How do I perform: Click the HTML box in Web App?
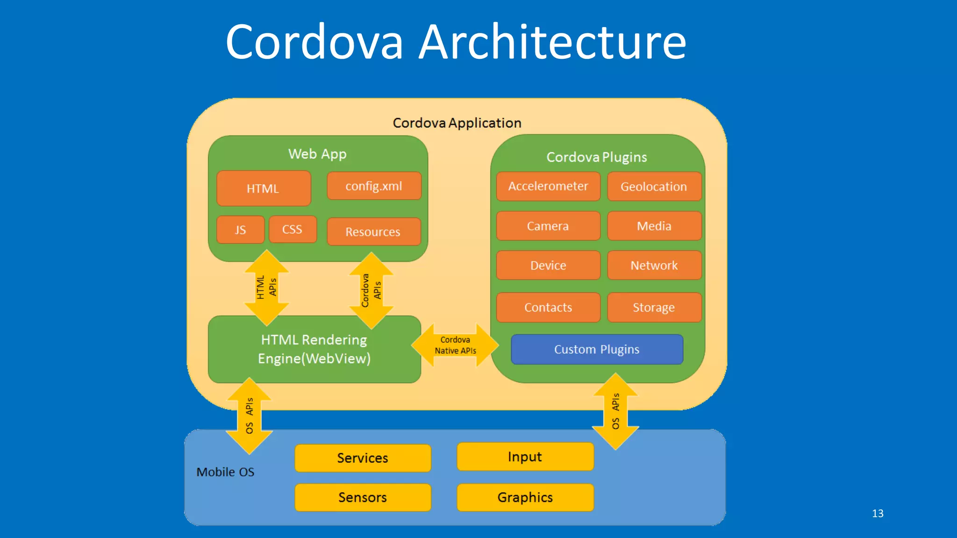tap(264, 188)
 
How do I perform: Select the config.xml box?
tap(374, 186)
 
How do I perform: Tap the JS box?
tap(240, 230)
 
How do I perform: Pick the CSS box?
tap(293, 229)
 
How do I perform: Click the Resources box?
tap(373, 232)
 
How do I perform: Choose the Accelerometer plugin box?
tap(548, 186)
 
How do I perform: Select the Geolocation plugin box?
tap(654, 186)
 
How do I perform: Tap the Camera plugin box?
tap(548, 226)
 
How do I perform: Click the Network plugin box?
tap(654, 265)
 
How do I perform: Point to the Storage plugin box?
tap(654, 307)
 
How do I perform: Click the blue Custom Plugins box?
tap(597, 349)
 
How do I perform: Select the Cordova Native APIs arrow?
tap(455, 346)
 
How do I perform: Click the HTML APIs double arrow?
tap(266, 288)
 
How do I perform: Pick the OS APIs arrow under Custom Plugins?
tap(615, 411)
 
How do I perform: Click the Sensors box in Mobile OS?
tap(363, 497)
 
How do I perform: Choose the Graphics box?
tap(525, 497)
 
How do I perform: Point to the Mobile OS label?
tap(225, 472)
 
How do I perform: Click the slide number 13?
tap(878, 513)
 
